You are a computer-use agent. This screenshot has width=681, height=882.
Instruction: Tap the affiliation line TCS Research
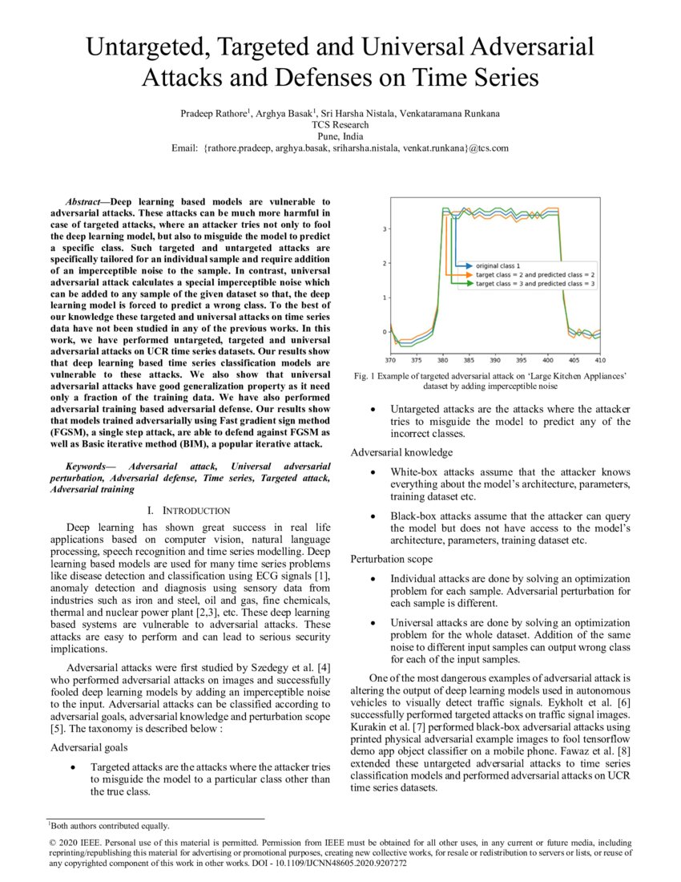click(340, 125)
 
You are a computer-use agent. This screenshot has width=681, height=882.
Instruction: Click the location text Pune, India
click(340, 136)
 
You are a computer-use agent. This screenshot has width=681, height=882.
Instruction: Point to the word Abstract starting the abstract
click(83, 201)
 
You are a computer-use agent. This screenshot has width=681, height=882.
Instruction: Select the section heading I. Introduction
click(189, 511)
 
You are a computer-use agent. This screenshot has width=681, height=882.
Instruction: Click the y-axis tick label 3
click(385, 229)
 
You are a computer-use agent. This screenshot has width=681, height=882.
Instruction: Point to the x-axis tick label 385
click(469, 360)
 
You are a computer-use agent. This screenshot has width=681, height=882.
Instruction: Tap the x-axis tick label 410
click(600, 360)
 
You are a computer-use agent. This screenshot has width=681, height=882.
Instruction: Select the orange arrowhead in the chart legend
click(467, 274)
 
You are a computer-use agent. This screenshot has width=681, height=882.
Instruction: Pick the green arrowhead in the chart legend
click(467, 284)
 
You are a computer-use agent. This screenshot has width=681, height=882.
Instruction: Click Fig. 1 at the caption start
click(365, 375)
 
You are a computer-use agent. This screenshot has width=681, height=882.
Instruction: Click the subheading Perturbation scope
click(392, 558)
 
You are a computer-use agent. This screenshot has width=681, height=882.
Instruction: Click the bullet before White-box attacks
click(373, 472)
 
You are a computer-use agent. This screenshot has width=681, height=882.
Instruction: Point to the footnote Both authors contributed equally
click(110, 826)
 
